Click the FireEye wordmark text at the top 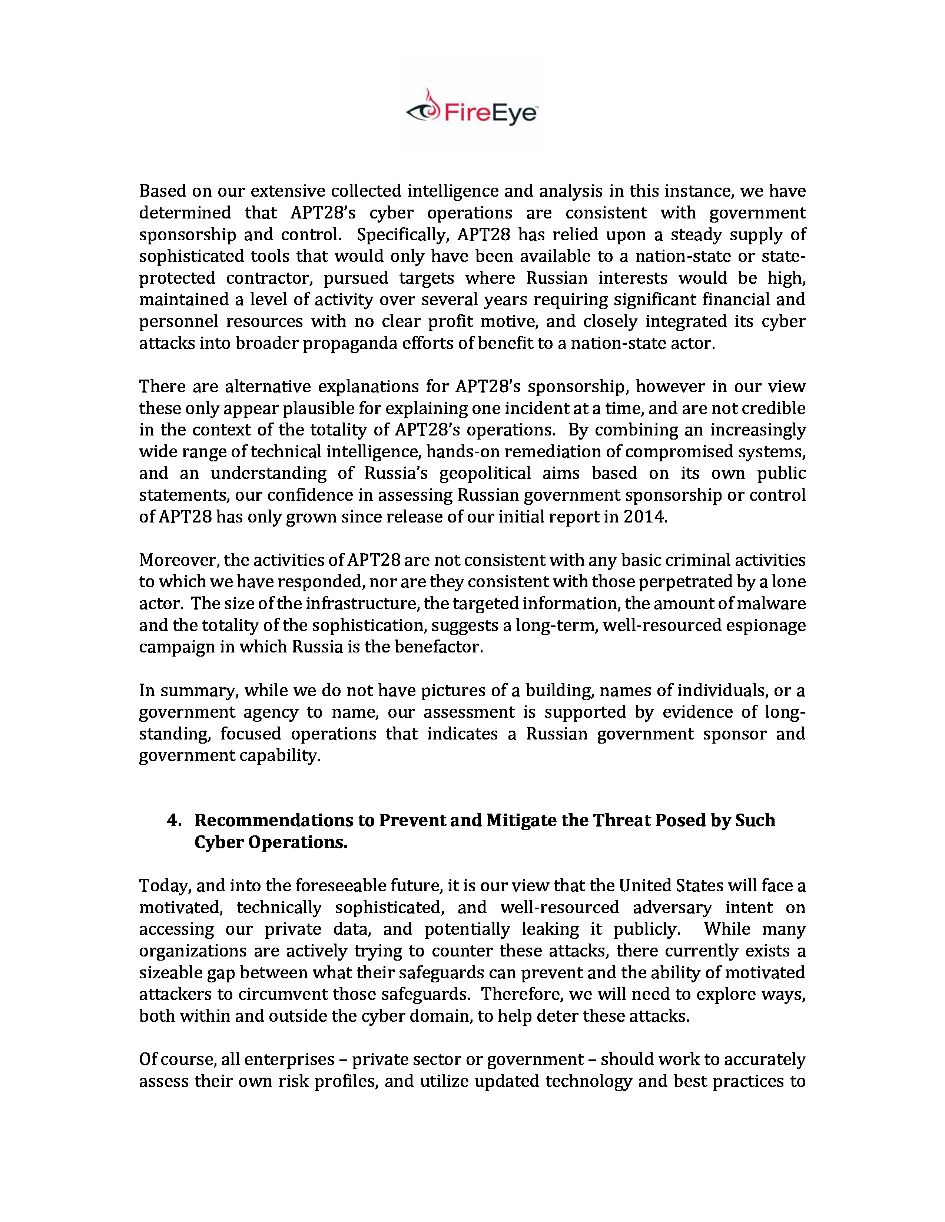point(490,114)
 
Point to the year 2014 point(644,517)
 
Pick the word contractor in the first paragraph point(268,278)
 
